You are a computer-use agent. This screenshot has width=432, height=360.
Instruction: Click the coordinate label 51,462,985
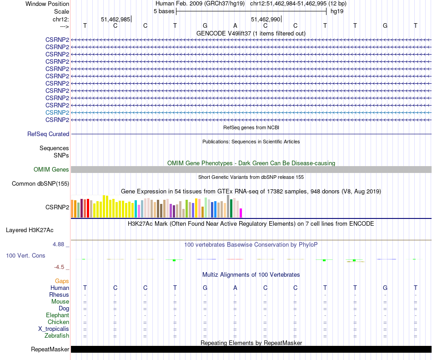pos(116,19)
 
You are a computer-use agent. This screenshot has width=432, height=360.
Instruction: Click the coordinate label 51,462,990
pos(266,19)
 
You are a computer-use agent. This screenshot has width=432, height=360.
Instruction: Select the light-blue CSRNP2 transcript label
pos(57,112)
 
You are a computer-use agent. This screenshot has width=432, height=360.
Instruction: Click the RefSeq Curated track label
pos(48,134)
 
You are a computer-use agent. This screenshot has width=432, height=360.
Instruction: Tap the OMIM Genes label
pos(51,170)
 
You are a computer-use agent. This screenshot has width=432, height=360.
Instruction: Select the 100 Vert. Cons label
pos(25,256)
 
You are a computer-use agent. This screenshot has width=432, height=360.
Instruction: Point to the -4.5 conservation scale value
pos(60,267)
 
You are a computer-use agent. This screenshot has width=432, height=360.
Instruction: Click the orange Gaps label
pos(62,281)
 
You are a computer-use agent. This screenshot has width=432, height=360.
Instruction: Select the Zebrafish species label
pos(57,336)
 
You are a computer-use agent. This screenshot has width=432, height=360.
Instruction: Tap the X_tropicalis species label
pos(54,329)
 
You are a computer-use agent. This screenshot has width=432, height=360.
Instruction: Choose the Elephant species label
pos(57,315)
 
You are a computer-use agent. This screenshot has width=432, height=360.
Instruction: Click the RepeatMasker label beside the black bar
pos(50,350)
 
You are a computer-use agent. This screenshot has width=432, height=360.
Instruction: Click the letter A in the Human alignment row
pos(235,288)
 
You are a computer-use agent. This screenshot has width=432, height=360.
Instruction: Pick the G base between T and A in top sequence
pos(205,25)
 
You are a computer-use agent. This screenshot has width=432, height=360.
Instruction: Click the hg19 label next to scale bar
pos(337,11)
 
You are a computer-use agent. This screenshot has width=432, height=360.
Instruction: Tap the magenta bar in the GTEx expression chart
pos(241,213)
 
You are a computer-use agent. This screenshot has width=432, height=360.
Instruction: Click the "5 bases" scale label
pos(164,11)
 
